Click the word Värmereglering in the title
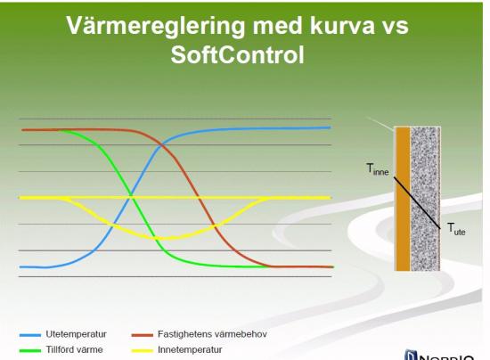click(156, 26)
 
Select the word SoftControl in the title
click(237, 55)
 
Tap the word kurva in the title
click(342, 25)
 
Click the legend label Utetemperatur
click(77, 334)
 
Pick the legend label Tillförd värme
click(74, 349)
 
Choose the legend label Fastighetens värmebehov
click(212, 334)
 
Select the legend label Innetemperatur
click(190, 349)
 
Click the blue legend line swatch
click(30, 335)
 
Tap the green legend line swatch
click(30, 350)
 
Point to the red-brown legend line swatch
click(143, 335)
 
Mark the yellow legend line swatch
click(143, 350)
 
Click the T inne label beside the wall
click(378, 169)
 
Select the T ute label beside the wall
click(456, 229)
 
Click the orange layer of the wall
click(403, 199)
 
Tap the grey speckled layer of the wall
click(425, 199)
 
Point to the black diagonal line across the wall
click(417, 203)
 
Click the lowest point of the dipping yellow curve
click(165, 239)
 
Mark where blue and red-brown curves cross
click(162, 145)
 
